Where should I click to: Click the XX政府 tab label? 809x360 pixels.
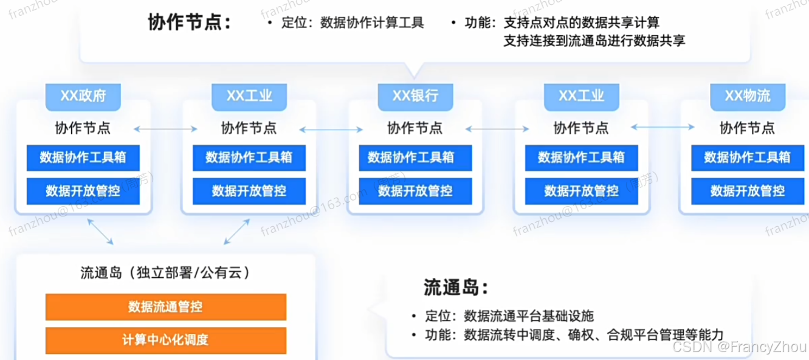click(83, 96)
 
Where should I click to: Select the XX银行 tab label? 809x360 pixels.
click(416, 96)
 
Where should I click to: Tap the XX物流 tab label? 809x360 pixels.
click(748, 96)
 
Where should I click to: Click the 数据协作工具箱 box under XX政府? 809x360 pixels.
click(83, 157)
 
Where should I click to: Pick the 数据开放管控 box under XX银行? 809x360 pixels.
click(416, 191)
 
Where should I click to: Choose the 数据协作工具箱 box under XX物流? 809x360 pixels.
click(748, 157)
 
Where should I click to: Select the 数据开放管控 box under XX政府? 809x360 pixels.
click(83, 191)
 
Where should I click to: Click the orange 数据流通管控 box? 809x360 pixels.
click(165, 306)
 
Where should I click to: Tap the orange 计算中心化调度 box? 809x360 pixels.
click(165, 339)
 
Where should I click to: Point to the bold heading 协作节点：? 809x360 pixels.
click(190, 22)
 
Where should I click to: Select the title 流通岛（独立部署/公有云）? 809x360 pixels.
click(165, 272)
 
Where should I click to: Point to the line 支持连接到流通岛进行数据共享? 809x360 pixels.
click(594, 41)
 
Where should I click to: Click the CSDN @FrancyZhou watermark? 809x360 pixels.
click(753, 348)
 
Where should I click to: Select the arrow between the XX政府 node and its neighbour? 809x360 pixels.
click(166, 129)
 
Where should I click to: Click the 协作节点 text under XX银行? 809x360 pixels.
click(416, 128)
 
